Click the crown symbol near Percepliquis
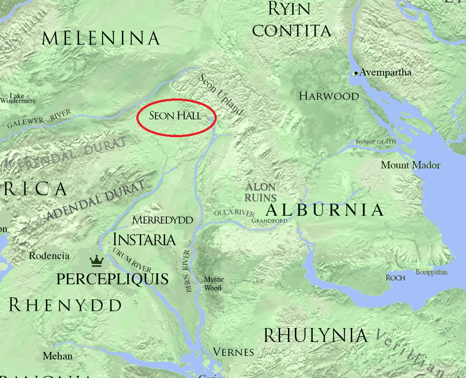point(96,261)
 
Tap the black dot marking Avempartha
point(356,73)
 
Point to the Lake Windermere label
point(17,99)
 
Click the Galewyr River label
point(39,119)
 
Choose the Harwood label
point(329,96)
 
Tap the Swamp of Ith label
point(376,142)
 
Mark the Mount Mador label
point(410,165)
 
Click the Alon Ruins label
point(261,192)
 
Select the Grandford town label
point(269,220)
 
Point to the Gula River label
point(234,213)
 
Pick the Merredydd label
point(162,220)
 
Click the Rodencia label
point(49,256)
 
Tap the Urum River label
point(132,259)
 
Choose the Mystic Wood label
point(214,283)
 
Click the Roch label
point(395,278)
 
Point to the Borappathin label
point(431,272)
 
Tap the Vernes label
point(234,352)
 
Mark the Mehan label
point(58,356)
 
